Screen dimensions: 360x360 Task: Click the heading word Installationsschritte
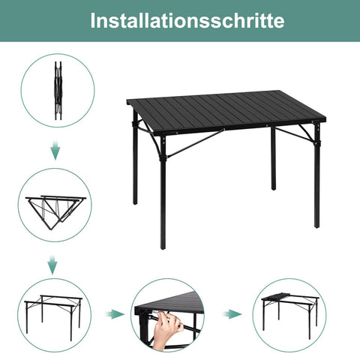(x=179, y=20)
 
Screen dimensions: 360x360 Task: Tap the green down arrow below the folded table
(x=55, y=152)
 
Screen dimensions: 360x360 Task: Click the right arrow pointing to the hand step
(x=113, y=313)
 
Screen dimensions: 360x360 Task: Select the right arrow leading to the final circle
(x=235, y=313)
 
